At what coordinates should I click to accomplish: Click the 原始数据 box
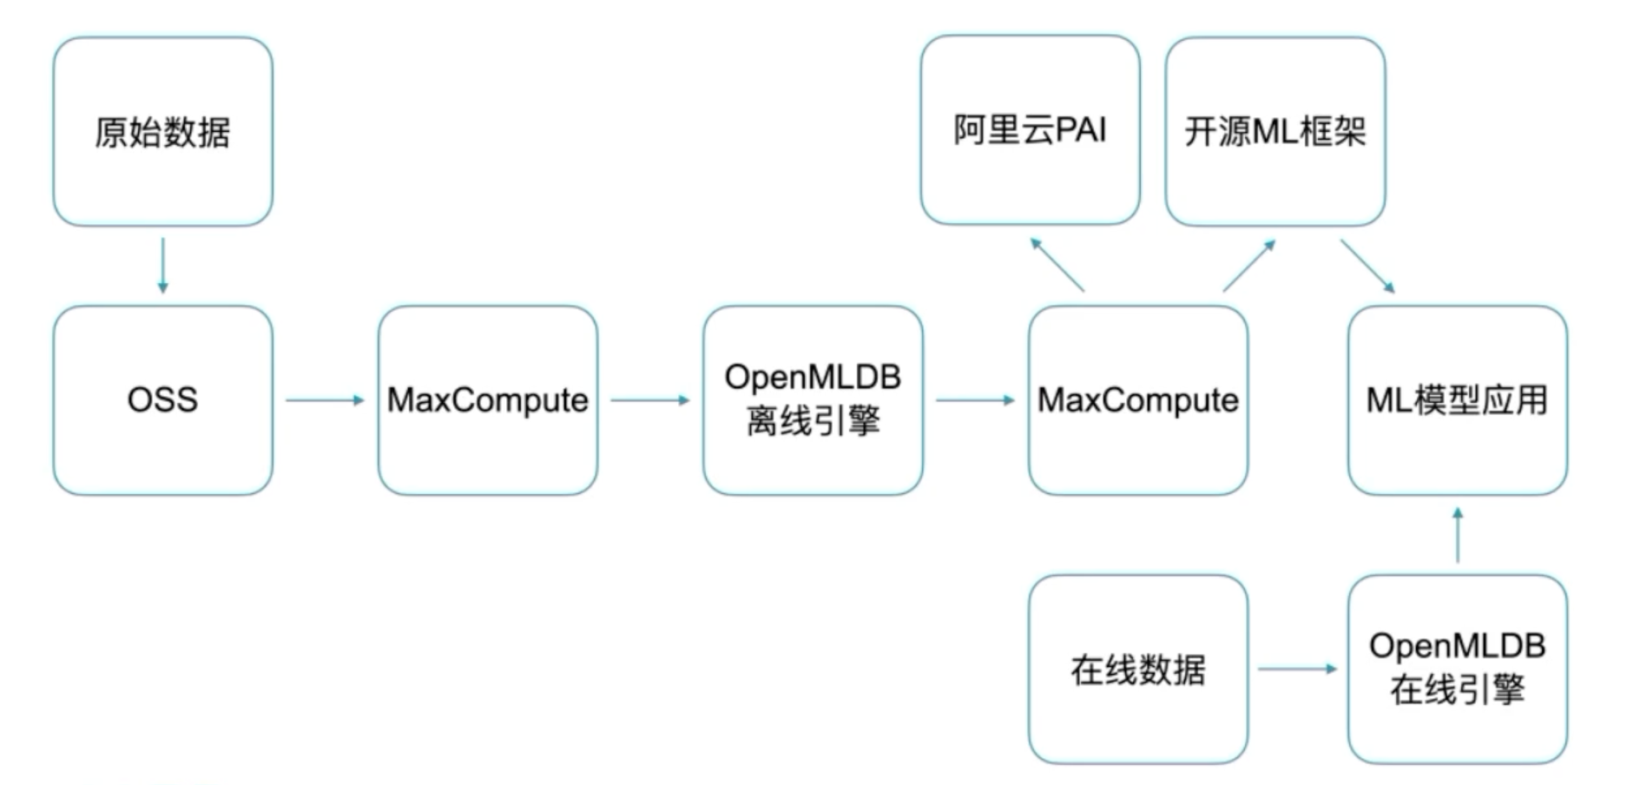[x=162, y=132]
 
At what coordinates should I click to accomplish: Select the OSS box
[x=162, y=400]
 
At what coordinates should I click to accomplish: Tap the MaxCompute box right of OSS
[x=487, y=400]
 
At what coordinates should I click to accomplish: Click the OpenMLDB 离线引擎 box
[x=813, y=400]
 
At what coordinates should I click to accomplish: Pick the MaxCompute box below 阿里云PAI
[x=1137, y=400]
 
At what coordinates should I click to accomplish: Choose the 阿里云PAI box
[x=1030, y=130]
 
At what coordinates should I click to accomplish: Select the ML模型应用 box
[x=1457, y=400]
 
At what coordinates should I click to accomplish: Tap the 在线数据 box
[x=1137, y=670]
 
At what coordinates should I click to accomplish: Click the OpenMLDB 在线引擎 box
[x=1457, y=670]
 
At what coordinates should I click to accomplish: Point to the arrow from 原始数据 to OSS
[x=162, y=266]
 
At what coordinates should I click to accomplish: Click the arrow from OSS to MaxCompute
[x=325, y=400]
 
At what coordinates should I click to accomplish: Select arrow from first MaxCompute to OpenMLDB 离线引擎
[x=649, y=400]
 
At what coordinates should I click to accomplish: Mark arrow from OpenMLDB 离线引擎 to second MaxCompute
[x=975, y=400]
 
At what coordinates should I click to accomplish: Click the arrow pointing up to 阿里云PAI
[x=1057, y=264]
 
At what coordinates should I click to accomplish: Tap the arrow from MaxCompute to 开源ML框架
[x=1249, y=265]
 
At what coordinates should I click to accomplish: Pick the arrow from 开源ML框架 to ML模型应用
[x=1367, y=266]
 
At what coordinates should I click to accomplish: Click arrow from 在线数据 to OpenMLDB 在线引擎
[x=1297, y=669]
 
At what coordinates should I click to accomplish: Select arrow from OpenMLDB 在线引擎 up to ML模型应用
[x=1458, y=535]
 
